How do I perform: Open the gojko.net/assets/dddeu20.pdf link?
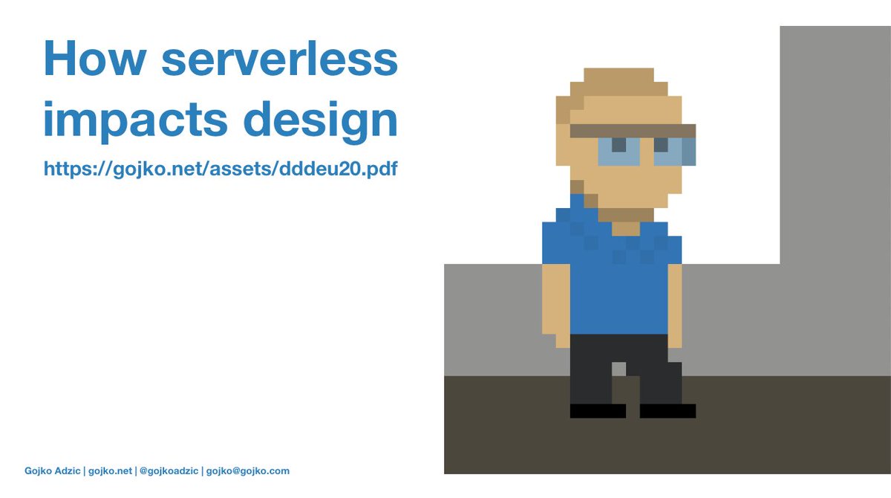pyautogui.click(x=221, y=169)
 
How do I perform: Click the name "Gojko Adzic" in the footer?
pyautogui.click(x=53, y=470)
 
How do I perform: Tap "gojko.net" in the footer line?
pyautogui.click(x=110, y=470)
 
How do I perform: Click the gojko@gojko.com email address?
pyautogui.click(x=248, y=470)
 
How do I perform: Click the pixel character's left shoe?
pyautogui.click(x=598, y=410)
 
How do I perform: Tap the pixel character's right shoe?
pyautogui.click(x=668, y=410)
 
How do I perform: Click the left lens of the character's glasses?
pyautogui.click(x=619, y=152)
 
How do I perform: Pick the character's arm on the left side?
pyautogui.click(x=556, y=301)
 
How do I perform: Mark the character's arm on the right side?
pyautogui.click(x=675, y=301)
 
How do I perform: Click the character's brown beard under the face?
pyautogui.click(x=625, y=215)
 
